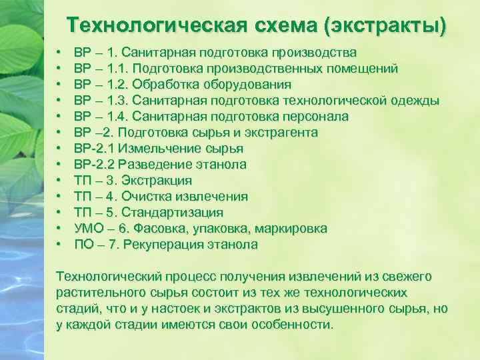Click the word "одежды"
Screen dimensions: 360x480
click(417, 101)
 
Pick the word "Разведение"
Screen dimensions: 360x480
click(161, 165)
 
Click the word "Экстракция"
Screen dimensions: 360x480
click(161, 181)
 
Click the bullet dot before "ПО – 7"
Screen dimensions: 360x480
click(59, 245)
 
